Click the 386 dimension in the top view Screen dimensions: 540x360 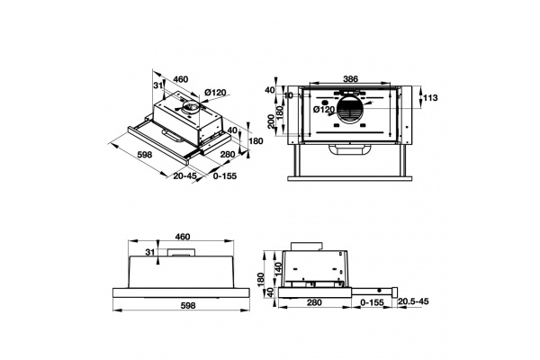point(351,79)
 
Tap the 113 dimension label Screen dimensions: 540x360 point(430,98)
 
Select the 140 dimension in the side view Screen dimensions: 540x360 point(279,268)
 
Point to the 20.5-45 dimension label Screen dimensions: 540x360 point(413,301)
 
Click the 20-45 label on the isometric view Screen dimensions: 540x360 point(184,175)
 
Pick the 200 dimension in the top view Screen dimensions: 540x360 point(272,121)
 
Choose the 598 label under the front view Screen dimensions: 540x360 point(188,306)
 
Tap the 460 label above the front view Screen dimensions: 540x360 point(183,237)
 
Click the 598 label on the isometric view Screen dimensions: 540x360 point(145,155)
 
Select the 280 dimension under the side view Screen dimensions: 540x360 point(314,302)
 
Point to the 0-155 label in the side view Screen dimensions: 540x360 point(372,302)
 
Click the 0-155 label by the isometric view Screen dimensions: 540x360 point(225,176)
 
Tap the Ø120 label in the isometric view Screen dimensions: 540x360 point(215,93)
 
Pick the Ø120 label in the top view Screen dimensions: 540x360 point(324,110)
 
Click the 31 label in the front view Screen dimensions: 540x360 point(149,252)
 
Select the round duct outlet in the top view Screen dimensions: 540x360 point(348,109)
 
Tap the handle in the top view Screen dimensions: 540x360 point(350,150)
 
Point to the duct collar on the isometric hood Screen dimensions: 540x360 point(190,107)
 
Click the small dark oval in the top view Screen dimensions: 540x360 point(324,103)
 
